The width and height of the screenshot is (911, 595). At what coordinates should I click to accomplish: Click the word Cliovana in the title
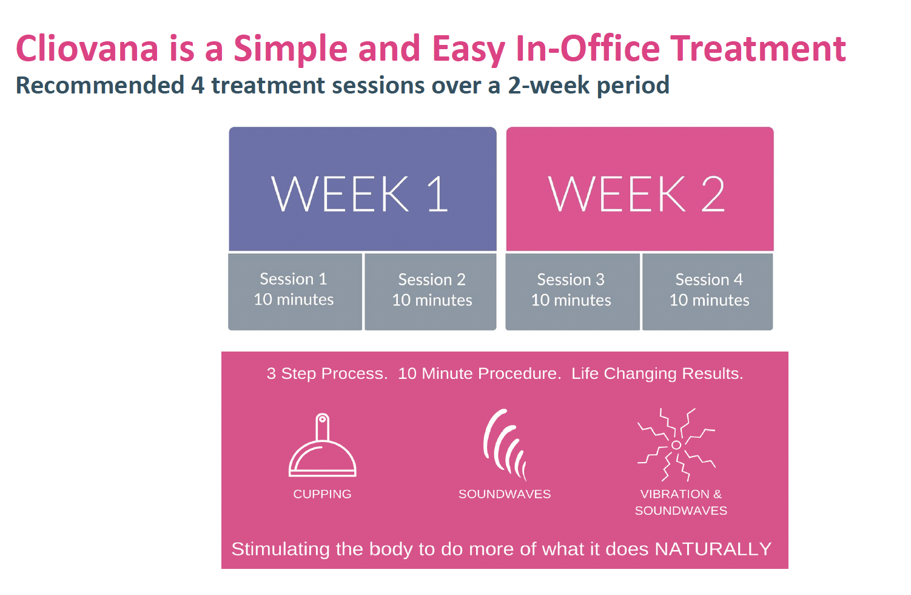coord(87,49)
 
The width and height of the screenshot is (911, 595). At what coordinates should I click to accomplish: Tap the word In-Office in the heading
coord(588,49)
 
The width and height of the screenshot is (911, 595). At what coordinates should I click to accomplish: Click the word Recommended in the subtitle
coord(100,85)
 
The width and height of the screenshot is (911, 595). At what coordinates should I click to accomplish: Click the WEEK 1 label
coord(360,194)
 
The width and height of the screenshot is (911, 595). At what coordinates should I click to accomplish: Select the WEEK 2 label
coord(636,194)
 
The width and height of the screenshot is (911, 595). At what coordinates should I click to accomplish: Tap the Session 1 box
coord(295,291)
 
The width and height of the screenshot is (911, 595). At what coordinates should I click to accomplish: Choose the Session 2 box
coord(431,291)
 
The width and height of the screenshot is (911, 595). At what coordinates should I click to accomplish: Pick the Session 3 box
coord(573,291)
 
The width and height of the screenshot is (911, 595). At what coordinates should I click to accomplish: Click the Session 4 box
coord(708,291)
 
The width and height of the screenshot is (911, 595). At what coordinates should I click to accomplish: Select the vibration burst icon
coord(676,445)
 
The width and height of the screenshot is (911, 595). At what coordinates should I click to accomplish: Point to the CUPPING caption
coord(323,494)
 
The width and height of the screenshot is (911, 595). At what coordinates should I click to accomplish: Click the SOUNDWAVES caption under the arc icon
coord(505,494)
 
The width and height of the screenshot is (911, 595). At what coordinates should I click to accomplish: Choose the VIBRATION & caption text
coord(681,494)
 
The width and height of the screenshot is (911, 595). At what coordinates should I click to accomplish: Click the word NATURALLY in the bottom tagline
coord(713,549)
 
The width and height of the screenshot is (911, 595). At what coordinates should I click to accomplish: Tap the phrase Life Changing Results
coord(657,373)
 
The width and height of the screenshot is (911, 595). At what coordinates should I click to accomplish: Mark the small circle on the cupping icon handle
coord(323,419)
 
